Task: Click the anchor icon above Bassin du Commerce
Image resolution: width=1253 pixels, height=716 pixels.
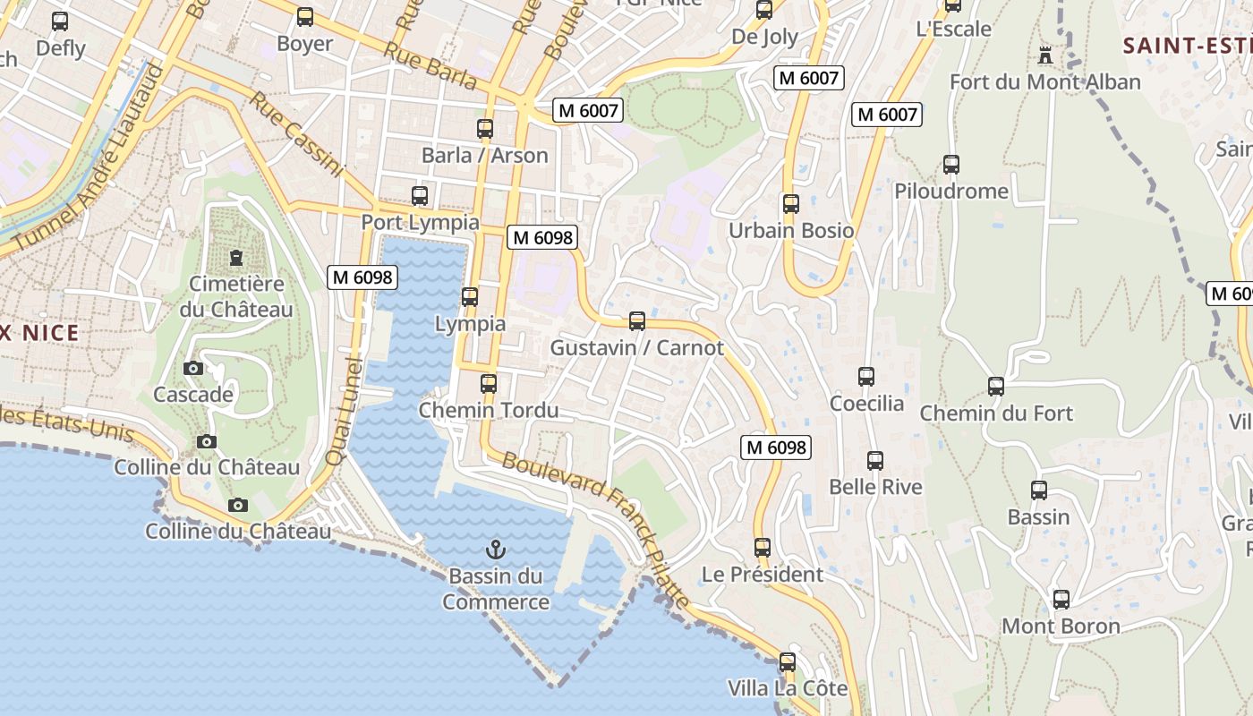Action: pyautogui.click(x=495, y=549)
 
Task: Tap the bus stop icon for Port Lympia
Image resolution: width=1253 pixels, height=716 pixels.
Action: pyautogui.click(x=419, y=195)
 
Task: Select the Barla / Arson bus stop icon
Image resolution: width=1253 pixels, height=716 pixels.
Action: pyautogui.click(x=485, y=128)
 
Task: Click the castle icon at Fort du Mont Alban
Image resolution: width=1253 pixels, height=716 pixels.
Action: pyautogui.click(x=1044, y=55)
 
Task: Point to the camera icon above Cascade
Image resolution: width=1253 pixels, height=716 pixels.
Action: pyautogui.click(x=192, y=368)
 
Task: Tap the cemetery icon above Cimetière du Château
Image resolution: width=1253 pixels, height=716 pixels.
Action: pyautogui.click(x=235, y=258)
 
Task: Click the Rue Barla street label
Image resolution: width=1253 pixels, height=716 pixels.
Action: pyautogui.click(x=430, y=64)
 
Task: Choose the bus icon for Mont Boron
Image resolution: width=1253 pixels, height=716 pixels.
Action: pyautogui.click(x=1061, y=600)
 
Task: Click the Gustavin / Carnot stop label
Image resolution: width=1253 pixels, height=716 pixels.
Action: pyautogui.click(x=636, y=347)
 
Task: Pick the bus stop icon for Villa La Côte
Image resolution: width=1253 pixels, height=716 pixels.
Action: pyautogui.click(x=787, y=662)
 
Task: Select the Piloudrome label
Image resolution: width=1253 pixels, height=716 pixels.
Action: pyautogui.click(x=951, y=191)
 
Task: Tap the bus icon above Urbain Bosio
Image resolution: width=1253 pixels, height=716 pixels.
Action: pyautogui.click(x=790, y=204)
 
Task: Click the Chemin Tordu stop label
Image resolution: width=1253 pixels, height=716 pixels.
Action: pyautogui.click(x=489, y=410)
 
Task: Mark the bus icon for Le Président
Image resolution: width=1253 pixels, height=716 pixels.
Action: pyautogui.click(x=762, y=548)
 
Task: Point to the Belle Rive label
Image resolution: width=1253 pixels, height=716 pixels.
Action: pyautogui.click(x=875, y=487)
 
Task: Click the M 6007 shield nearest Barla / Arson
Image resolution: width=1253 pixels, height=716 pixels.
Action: pyautogui.click(x=587, y=110)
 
